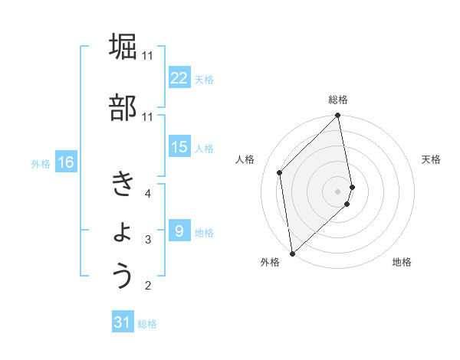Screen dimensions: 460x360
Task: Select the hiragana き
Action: point(123,184)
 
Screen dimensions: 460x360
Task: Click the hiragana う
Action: point(123,276)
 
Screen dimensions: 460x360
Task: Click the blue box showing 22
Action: point(179,78)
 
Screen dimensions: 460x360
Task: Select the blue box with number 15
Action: point(179,147)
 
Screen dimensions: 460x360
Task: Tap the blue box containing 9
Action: point(179,231)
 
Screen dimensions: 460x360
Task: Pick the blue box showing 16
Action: point(66,162)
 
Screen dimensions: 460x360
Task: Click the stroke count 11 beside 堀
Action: point(148,55)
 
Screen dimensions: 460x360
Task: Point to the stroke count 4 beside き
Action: point(148,194)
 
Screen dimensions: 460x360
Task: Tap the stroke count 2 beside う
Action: point(148,286)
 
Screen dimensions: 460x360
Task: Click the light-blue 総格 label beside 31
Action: point(147,324)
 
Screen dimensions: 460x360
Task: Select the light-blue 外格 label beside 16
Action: point(41,163)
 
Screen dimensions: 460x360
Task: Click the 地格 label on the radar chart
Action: point(402,263)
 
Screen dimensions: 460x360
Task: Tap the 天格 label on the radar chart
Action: point(431,159)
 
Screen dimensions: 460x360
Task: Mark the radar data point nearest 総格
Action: point(338,116)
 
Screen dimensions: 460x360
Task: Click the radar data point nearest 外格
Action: point(292,253)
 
